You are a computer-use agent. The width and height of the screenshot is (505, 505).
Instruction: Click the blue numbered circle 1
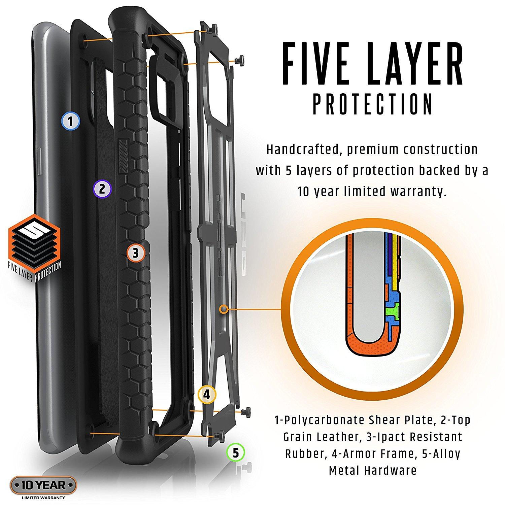pos(70,121)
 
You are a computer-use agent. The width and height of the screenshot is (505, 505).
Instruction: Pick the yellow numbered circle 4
pos(207,395)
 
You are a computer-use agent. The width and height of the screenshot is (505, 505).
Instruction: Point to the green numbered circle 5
pos(236,452)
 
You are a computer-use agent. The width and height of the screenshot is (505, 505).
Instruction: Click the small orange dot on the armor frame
pos(223,308)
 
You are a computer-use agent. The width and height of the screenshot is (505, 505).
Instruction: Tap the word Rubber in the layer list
pos(305,453)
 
